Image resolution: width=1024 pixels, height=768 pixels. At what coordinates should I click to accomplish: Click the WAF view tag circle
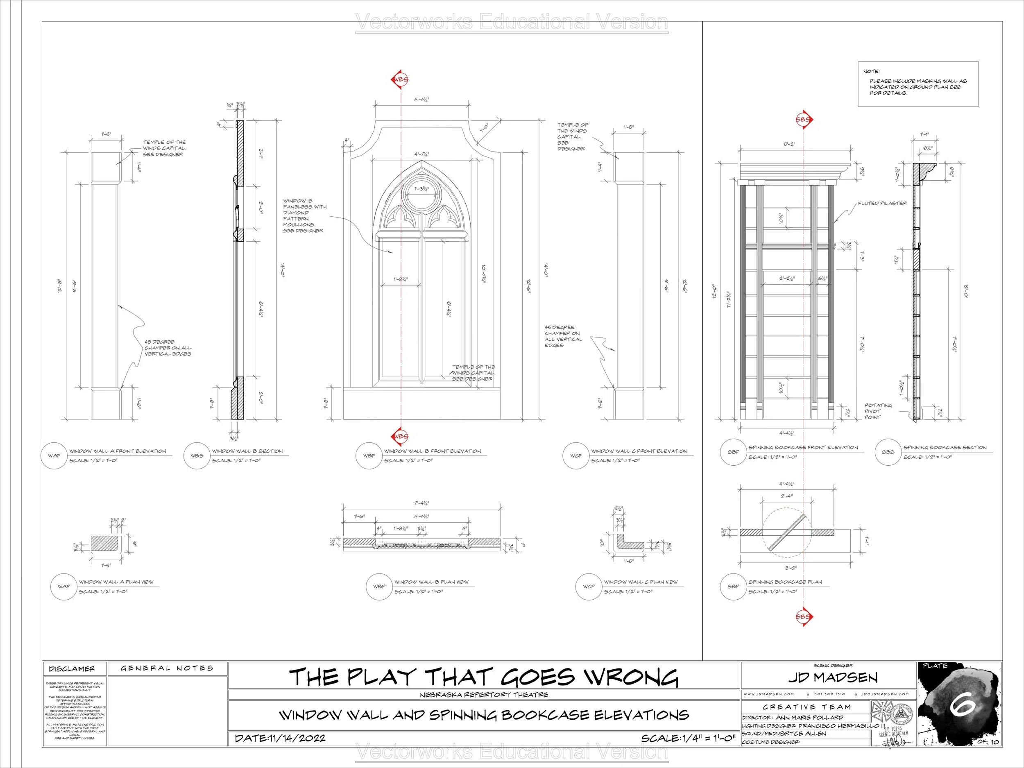(54, 455)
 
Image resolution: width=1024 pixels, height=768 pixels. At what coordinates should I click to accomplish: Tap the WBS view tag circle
(197, 455)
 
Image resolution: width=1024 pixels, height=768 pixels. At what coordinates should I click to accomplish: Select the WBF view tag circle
(369, 455)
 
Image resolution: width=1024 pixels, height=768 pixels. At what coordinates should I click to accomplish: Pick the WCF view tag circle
(576, 455)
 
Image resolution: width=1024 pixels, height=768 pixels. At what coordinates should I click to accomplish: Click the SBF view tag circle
(733, 452)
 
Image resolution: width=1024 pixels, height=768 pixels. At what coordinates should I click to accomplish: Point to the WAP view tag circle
(63, 587)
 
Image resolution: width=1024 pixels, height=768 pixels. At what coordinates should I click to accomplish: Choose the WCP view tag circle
(589, 587)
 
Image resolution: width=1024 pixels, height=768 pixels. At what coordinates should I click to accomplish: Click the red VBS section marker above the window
(401, 79)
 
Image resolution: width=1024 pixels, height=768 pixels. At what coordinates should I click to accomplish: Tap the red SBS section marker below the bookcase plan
(804, 616)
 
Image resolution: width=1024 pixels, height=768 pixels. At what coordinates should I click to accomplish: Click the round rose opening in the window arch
(421, 189)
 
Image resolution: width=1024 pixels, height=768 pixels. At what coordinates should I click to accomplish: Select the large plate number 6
(963, 705)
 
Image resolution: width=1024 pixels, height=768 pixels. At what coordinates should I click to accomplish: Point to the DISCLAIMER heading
(72, 669)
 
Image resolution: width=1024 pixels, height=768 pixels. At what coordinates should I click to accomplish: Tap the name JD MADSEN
(833, 678)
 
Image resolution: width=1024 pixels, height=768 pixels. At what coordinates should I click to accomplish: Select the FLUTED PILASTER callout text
(882, 203)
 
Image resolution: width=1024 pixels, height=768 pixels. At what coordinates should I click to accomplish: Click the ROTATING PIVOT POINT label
(878, 411)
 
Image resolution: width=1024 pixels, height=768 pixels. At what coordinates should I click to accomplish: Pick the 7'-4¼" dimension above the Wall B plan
(421, 503)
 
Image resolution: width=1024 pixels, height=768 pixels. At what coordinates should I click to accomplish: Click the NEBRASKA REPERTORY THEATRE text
(484, 695)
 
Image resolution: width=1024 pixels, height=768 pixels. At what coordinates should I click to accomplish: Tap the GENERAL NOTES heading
(167, 668)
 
